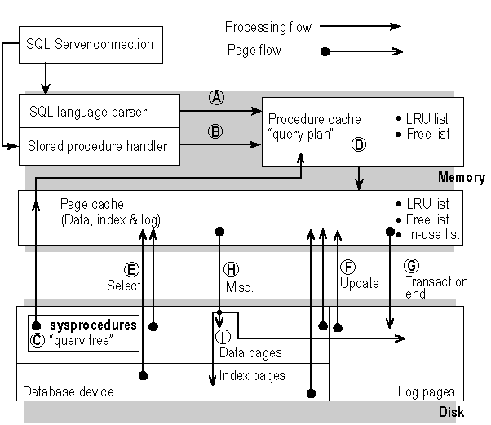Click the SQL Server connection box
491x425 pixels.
[91, 45]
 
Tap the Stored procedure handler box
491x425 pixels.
[99, 147]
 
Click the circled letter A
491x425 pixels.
[216, 97]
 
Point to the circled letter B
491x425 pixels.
[216, 131]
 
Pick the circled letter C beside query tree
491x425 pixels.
[37, 340]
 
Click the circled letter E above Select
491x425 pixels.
[130, 268]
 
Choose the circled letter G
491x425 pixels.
[412, 266]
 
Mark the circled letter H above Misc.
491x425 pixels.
[231, 269]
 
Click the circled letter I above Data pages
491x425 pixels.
[223, 337]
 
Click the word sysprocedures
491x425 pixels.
[92, 325]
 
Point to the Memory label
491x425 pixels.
[461, 178]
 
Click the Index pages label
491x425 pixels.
[253, 376]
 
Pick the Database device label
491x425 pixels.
[69, 392]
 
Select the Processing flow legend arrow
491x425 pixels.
[367, 27]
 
